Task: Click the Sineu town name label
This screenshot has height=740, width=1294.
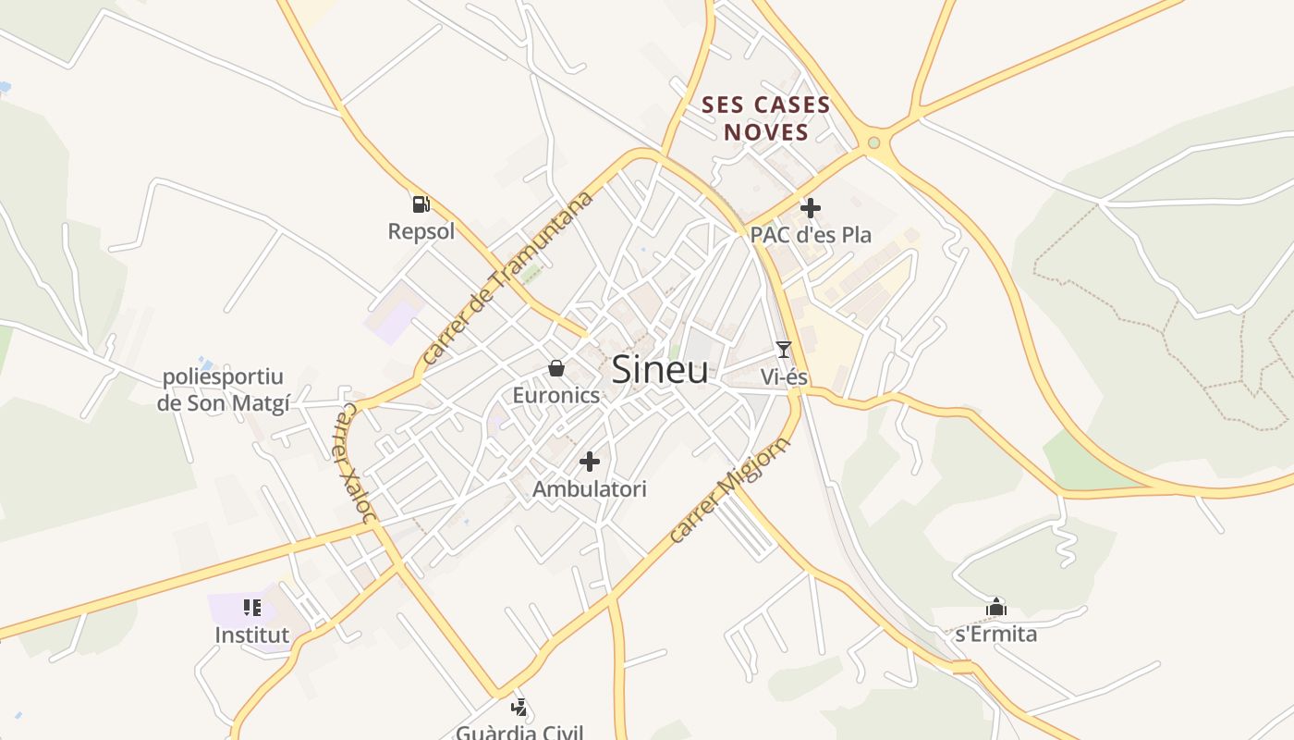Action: click(x=660, y=370)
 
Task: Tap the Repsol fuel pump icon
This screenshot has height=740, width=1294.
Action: click(x=421, y=203)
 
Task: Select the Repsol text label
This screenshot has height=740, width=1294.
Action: click(x=421, y=231)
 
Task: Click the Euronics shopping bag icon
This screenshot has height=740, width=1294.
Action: click(x=556, y=368)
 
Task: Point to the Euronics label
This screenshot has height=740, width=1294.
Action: click(x=556, y=395)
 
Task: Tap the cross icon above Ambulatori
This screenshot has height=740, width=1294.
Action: click(x=590, y=461)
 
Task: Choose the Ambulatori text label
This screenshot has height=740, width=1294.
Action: click(x=590, y=488)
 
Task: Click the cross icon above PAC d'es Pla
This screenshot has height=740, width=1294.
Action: click(x=811, y=208)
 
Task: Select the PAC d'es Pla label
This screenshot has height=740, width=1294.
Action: click(x=811, y=235)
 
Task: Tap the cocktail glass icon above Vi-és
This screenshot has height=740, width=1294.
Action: click(x=784, y=349)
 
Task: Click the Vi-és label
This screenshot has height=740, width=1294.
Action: click(x=784, y=376)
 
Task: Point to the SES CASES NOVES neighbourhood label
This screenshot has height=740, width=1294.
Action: click(x=766, y=118)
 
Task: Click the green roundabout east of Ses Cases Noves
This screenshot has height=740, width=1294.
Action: click(x=873, y=142)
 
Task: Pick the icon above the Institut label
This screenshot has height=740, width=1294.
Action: click(x=252, y=608)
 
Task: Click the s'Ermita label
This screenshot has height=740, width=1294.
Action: click(x=995, y=634)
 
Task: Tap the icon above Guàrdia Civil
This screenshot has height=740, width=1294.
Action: click(x=519, y=708)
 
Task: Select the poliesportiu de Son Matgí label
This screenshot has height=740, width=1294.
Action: click(x=223, y=389)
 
